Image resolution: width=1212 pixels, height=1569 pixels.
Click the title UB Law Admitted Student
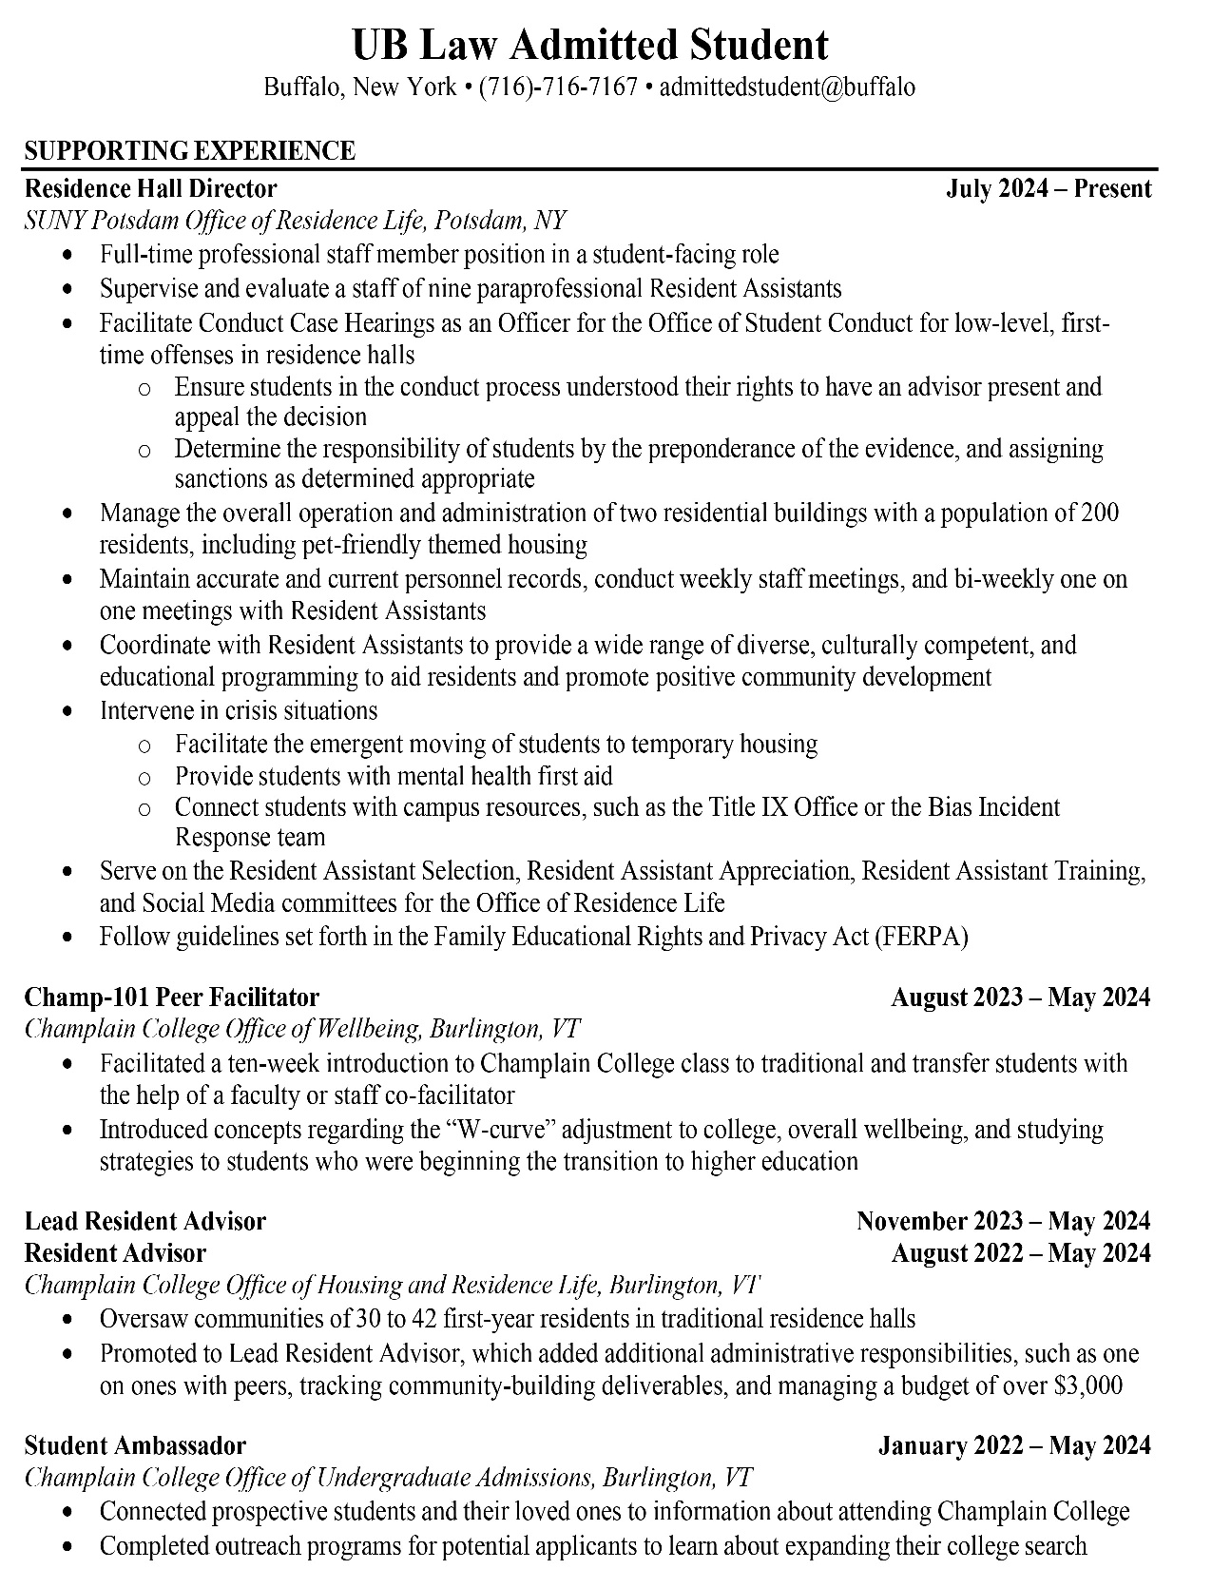point(590,45)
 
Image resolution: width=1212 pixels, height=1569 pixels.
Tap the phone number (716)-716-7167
point(558,87)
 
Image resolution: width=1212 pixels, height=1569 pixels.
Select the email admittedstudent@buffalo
point(787,87)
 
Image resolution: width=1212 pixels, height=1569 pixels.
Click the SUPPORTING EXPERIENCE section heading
point(190,150)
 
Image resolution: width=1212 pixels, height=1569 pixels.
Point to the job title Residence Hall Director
point(150,188)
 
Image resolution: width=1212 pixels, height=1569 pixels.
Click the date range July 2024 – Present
point(1048,188)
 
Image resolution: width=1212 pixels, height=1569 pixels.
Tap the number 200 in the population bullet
point(1100,513)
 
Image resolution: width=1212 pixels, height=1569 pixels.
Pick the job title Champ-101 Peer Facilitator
point(172,997)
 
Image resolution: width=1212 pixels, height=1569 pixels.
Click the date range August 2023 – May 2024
point(1021,997)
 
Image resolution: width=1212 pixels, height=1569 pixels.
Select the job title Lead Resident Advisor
point(145,1220)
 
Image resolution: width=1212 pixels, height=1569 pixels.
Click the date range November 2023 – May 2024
point(1003,1220)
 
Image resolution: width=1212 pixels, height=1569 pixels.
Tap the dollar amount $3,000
point(1088,1385)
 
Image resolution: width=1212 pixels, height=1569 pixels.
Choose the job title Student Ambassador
point(135,1445)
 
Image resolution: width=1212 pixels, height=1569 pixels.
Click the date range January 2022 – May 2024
point(1014,1445)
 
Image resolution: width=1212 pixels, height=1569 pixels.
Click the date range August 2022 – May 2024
point(1021,1252)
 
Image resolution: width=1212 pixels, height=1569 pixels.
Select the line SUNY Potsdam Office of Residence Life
point(295,221)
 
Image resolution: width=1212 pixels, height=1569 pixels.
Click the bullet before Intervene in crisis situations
point(66,711)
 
